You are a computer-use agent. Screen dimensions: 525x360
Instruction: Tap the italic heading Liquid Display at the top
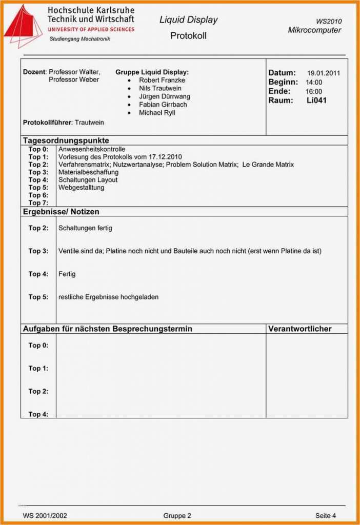[188, 20]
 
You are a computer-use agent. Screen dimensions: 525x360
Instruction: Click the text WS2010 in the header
[328, 21]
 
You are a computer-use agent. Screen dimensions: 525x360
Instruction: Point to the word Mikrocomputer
[314, 30]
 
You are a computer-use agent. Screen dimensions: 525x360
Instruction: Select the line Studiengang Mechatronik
[79, 39]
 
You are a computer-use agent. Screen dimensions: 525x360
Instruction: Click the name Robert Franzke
[162, 80]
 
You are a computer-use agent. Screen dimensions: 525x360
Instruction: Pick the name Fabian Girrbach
[163, 105]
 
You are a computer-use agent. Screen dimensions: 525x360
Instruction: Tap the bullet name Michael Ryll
[157, 113]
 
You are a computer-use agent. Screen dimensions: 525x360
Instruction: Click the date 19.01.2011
[323, 73]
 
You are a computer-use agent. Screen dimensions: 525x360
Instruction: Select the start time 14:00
[314, 83]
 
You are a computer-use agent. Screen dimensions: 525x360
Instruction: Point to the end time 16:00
[314, 92]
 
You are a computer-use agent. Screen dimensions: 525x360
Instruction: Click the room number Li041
[316, 100]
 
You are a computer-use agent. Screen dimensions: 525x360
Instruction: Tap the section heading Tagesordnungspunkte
[66, 140]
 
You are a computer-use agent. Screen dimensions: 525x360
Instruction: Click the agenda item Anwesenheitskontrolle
[92, 149]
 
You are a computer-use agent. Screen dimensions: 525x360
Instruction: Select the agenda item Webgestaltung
[81, 188]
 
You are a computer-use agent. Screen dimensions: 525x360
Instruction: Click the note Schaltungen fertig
[85, 228]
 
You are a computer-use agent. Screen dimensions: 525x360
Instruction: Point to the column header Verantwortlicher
[299, 329]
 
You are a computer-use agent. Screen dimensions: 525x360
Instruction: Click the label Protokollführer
[47, 123]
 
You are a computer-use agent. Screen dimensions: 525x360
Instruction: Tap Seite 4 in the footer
[326, 515]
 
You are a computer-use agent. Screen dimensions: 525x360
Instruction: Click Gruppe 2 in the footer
[177, 515]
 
